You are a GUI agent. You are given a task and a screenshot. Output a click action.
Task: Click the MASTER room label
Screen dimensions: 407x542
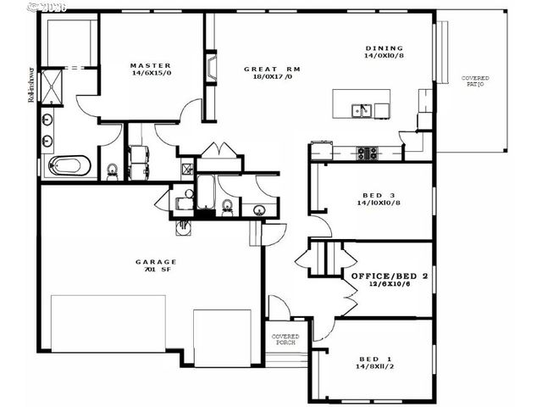point(151,65)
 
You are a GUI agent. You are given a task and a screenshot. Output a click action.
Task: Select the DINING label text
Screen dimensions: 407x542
point(384,48)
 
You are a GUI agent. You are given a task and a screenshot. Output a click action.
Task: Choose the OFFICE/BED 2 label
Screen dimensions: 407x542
point(390,276)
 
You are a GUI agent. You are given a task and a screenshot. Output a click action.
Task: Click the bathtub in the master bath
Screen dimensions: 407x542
point(69,164)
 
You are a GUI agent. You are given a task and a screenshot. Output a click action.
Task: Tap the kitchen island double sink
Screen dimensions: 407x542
point(362,109)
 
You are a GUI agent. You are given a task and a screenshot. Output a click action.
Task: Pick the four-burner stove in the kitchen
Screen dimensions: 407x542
point(366,153)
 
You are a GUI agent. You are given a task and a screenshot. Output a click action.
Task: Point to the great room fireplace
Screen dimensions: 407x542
point(209,69)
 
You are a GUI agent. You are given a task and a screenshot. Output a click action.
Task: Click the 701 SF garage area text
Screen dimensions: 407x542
point(156,271)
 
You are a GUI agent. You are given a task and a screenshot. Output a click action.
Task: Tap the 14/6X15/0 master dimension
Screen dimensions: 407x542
point(151,75)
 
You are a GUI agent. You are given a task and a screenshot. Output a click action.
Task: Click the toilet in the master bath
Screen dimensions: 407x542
point(112,170)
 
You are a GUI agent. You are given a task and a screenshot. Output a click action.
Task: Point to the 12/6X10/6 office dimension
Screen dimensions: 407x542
point(390,286)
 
